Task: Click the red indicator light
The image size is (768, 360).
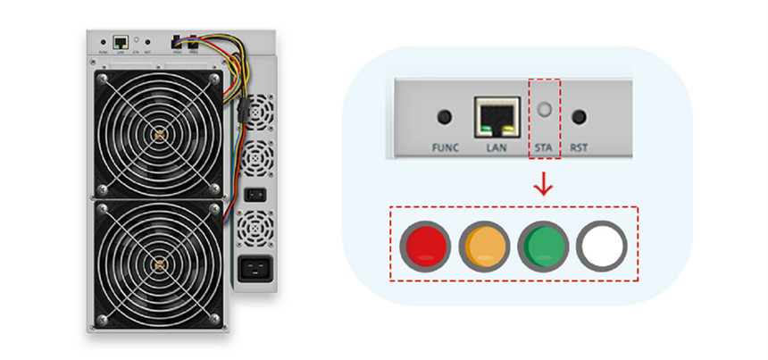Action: pyautogui.click(x=424, y=244)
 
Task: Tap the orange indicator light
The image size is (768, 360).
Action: pyautogui.click(x=483, y=244)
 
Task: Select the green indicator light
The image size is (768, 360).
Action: pyautogui.click(x=542, y=244)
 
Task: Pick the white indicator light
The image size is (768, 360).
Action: pyautogui.click(x=601, y=244)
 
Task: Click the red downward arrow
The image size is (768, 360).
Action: pyautogui.click(x=543, y=184)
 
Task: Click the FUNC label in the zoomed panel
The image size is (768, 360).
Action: pyautogui.click(x=443, y=147)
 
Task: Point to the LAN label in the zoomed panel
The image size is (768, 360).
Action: pyautogui.click(x=496, y=147)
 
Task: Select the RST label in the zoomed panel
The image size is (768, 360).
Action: pyautogui.click(x=581, y=147)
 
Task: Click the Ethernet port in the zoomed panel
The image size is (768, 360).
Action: pyautogui.click(x=495, y=115)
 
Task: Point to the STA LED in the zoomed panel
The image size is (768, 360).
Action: pyautogui.click(x=543, y=114)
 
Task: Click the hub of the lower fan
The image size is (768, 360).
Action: pyautogui.click(x=159, y=264)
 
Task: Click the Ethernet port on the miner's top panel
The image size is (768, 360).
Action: pyautogui.click(x=120, y=40)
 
